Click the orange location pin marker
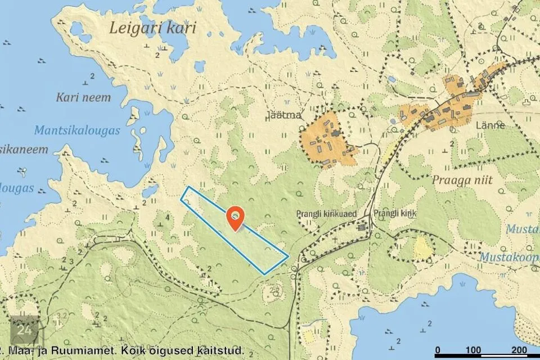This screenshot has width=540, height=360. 235,217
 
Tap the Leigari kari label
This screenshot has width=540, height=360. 153,28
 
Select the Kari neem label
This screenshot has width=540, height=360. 83,97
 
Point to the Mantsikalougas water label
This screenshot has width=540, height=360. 77,130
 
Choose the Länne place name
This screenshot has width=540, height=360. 490,125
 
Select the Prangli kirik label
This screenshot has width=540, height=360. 394,214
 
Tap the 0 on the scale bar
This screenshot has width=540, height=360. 438,350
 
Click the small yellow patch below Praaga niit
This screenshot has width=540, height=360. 422,248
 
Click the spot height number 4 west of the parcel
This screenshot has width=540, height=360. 168,217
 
